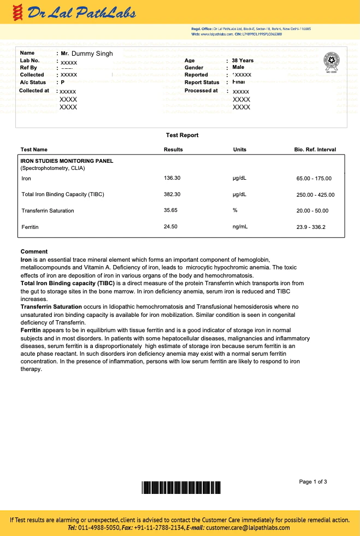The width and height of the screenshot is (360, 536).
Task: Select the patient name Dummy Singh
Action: point(92,54)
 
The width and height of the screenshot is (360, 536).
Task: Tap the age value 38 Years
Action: point(243,61)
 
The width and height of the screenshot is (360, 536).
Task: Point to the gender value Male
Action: point(239,67)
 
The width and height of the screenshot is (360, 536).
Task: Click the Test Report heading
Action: point(182,135)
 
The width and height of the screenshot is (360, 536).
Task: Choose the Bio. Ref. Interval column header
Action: point(315,149)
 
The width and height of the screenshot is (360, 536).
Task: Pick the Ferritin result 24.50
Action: point(170,226)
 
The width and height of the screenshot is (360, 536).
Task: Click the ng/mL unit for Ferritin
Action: point(240,226)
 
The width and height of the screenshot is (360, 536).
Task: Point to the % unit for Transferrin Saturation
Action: point(235,210)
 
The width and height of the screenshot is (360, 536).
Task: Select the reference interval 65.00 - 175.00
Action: point(314,179)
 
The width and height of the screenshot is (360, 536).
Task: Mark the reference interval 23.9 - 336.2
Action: point(311,227)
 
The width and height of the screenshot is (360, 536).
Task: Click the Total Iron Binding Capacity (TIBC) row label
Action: point(63,195)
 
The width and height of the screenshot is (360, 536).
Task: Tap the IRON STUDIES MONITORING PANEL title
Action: point(67,161)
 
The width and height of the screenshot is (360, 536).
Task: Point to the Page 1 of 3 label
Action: point(313,481)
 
